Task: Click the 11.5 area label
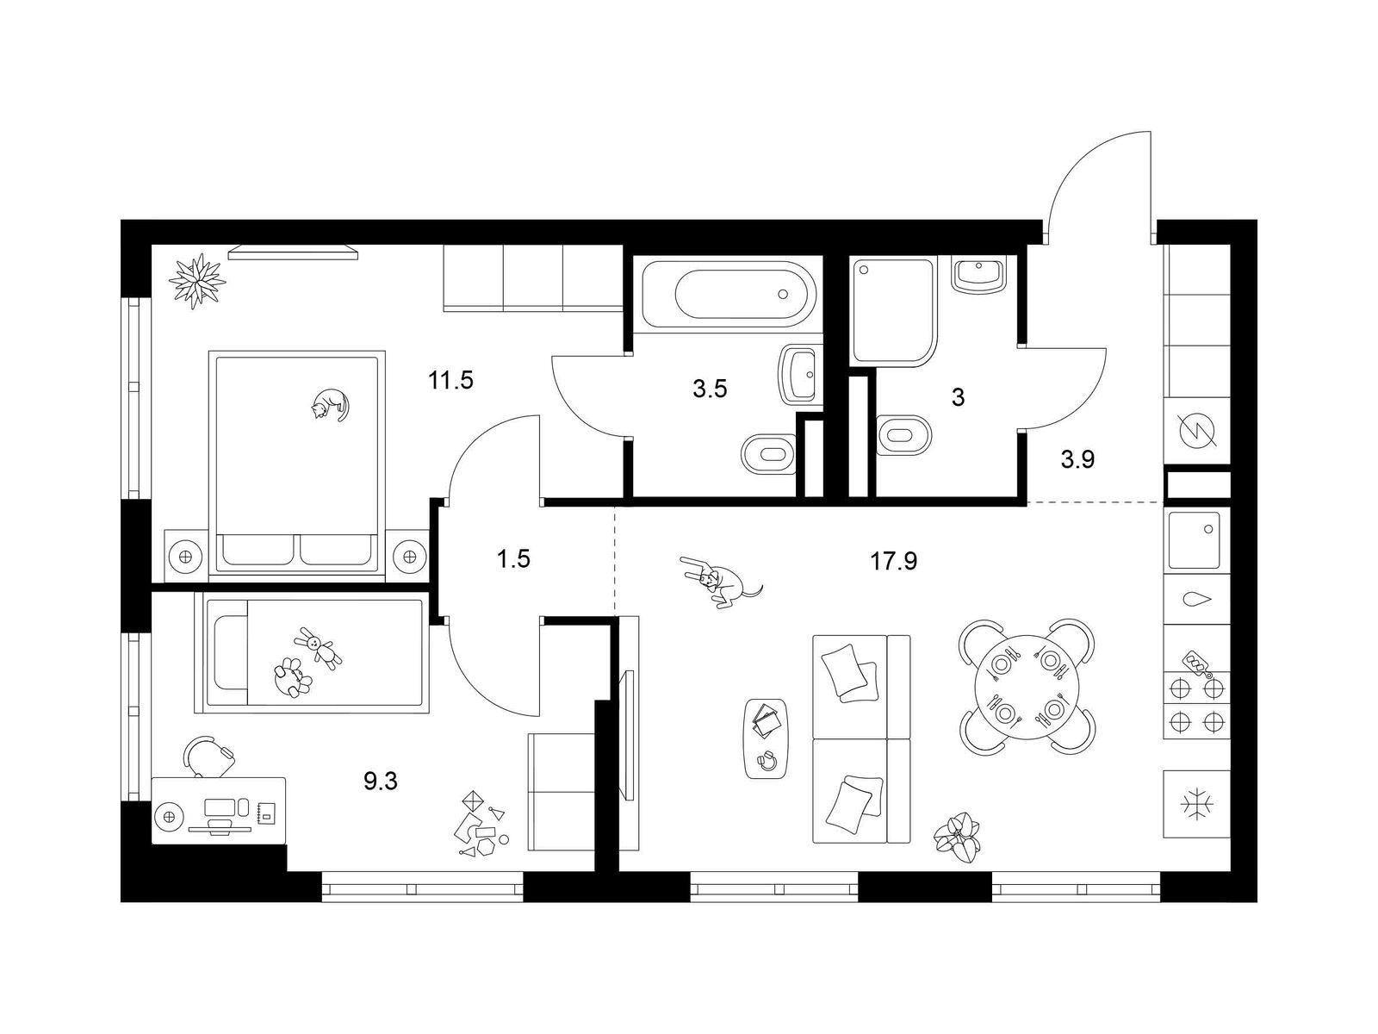tap(450, 381)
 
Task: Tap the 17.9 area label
tap(893, 561)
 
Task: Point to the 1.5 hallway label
tap(513, 558)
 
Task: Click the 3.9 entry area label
tap(1078, 460)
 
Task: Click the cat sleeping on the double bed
tap(329, 403)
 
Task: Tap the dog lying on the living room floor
tap(719, 581)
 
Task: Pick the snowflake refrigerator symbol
tap(1196, 804)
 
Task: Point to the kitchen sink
tap(1195, 540)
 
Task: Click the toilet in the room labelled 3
tap(904, 435)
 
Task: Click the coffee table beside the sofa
tap(767, 738)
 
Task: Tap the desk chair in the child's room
tap(209, 757)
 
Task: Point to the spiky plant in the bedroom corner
tap(197, 281)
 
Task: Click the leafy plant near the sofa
tap(957, 839)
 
